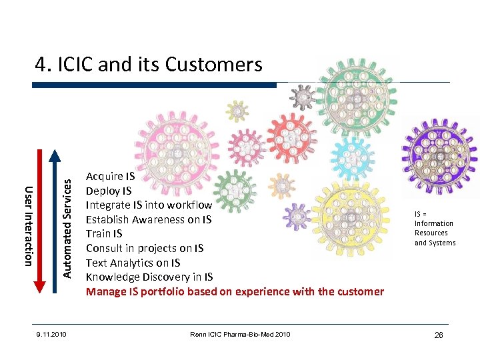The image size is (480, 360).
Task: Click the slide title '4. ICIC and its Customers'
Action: [x=149, y=65]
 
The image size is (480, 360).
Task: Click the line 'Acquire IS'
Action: [x=110, y=177]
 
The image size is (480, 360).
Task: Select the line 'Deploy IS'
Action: [x=109, y=191]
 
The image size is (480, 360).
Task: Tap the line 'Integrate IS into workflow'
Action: [x=149, y=205]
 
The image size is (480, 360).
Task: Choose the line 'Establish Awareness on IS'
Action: [x=149, y=219]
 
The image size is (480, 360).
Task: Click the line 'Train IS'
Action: [x=104, y=234]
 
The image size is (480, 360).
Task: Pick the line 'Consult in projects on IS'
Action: [x=145, y=249]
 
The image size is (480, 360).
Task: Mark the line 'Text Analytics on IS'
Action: [x=133, y=263]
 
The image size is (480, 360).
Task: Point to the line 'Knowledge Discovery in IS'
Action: [x=149, y=277]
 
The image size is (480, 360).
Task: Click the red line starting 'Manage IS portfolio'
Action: [x=235, y=291]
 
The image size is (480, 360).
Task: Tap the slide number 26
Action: [x=438, y=335]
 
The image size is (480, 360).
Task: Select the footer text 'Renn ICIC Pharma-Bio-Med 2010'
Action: [x=239, y=334]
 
